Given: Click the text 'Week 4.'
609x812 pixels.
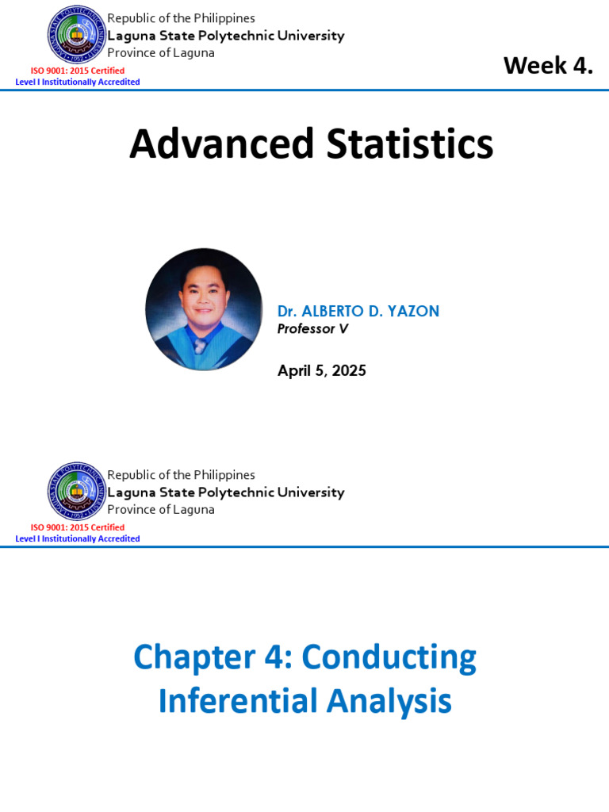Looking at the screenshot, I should tap(548, 66).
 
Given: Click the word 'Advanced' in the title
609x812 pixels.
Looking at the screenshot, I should tap(210, 144).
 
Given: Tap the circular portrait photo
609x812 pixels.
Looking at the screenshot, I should tap(204, 309).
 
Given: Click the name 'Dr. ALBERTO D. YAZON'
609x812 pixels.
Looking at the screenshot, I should tap(358, 311).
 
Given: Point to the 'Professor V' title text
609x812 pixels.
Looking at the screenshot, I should tap(312, 328).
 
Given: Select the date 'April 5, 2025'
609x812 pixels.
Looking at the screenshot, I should tap(321, 370).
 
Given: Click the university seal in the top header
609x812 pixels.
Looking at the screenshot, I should tap(77, 35).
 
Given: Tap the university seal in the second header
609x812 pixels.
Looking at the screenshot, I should tap(77, 492).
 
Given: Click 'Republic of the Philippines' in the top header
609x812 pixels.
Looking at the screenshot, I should tap(181, 18).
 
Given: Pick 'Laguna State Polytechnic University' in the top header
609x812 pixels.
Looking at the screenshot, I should tap(225, 36).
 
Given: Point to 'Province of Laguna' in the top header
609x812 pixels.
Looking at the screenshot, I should tap(160, 53).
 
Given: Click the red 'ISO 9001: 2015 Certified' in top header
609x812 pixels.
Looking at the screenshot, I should tap(78, 71).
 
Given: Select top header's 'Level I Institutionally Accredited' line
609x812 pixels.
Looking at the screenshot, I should tap(78, 82).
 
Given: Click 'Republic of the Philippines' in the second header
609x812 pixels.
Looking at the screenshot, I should tap(181, 475).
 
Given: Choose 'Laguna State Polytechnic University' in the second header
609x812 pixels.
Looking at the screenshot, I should tap(225, 492).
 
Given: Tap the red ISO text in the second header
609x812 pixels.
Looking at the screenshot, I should tap(78, 527).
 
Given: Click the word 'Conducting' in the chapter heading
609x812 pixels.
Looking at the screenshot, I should tap(389, 657).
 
